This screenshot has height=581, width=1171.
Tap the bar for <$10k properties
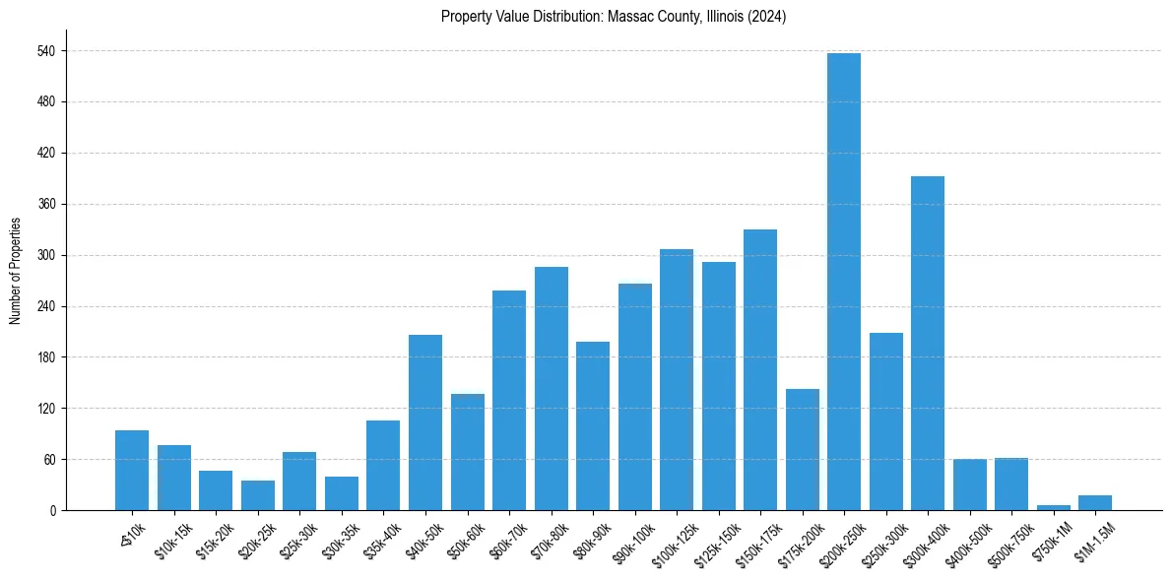(132, 471)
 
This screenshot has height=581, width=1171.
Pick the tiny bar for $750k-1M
(1053, 507)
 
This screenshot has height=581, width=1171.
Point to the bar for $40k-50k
(425, 422)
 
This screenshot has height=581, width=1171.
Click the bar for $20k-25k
(258, 495)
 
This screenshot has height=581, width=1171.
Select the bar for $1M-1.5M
(1095, 502)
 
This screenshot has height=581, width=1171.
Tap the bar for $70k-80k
(551, 388)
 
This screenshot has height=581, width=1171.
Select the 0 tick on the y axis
(54, 510)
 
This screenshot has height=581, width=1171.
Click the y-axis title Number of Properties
(16, 271)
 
